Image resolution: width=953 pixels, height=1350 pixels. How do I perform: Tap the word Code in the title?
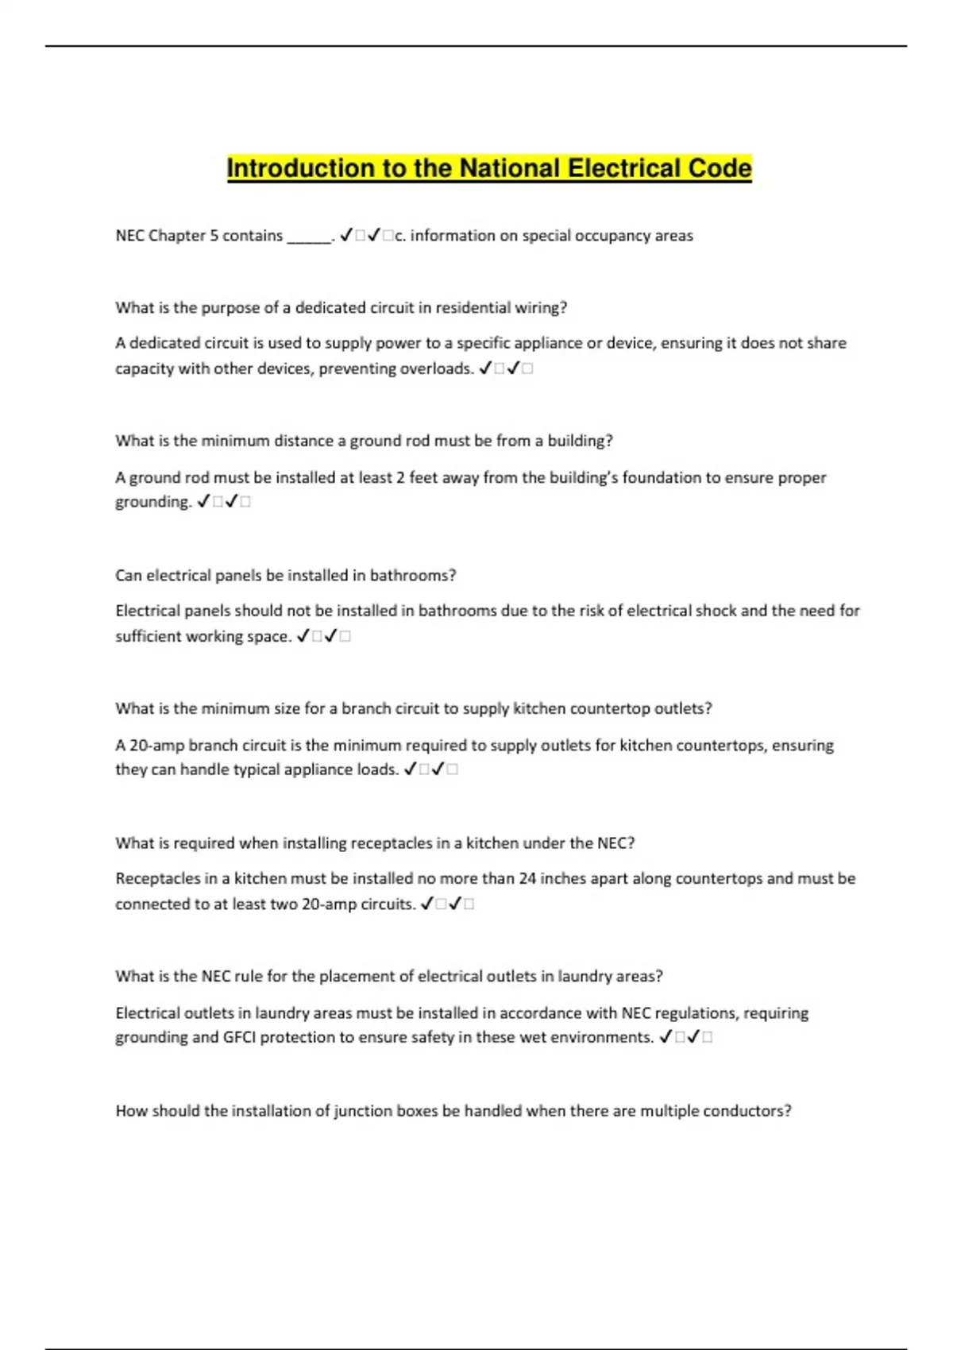720,168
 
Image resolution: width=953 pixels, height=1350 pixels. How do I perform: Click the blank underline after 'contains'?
308,237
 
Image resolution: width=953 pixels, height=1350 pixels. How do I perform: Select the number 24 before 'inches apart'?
527,878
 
